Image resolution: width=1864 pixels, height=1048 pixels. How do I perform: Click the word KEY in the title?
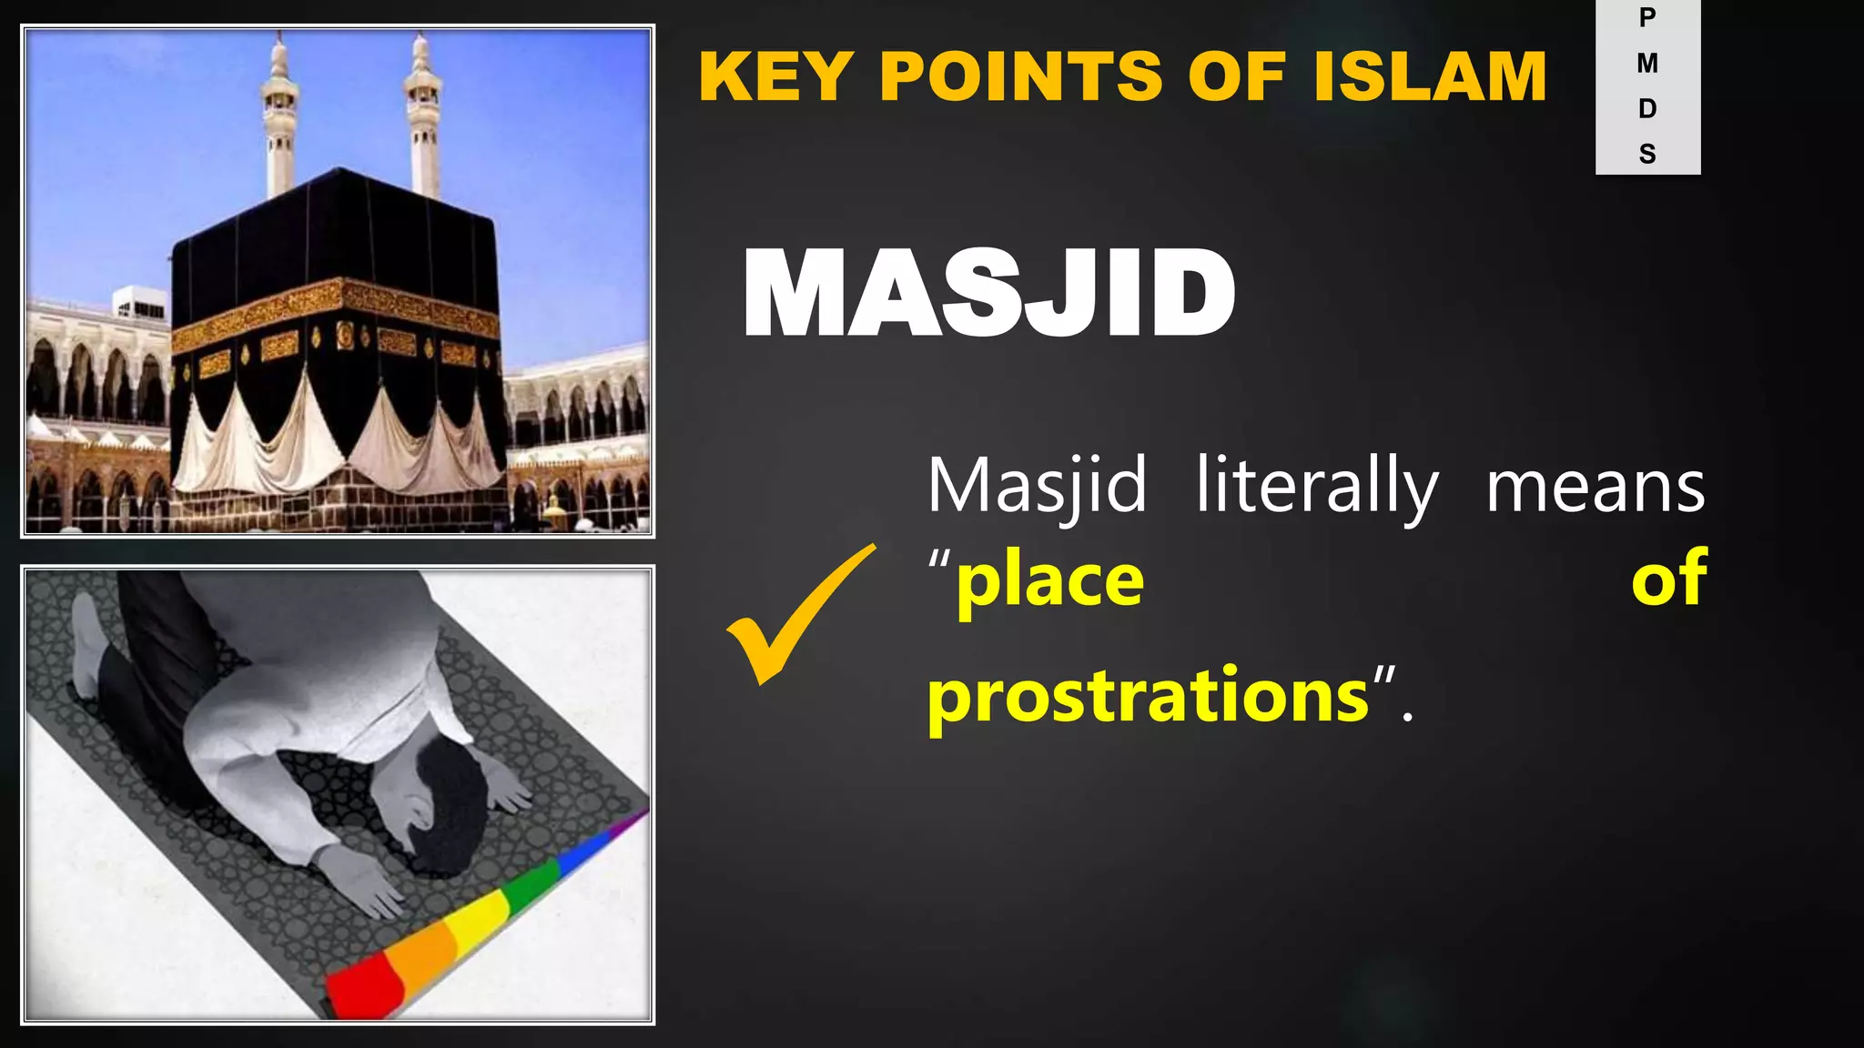click(775, 76)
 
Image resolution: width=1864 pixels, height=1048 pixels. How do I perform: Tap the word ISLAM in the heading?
click(1430, 76)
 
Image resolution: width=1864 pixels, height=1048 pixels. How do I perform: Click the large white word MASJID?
click(989, 293)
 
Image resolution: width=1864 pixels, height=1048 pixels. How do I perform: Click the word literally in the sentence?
click(1317, 487)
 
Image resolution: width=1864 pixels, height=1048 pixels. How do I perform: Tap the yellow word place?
click(1049, 582)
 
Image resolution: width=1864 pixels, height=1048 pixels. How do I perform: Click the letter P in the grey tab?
click(1647, 17)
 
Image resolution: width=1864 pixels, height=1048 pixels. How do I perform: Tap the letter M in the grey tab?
click(1647, 63)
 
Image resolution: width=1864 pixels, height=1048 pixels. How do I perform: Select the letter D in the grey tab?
click(1647, 108)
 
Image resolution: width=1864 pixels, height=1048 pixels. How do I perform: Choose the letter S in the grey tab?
click(1647, 154)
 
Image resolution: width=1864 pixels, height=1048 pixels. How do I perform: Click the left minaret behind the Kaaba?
click(279, 118)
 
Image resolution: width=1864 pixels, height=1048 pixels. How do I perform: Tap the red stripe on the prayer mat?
click(360, 987)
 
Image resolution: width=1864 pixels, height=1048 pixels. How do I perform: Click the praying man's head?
click(446, 810)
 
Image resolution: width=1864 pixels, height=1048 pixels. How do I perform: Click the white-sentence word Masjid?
click(1037, 487)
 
